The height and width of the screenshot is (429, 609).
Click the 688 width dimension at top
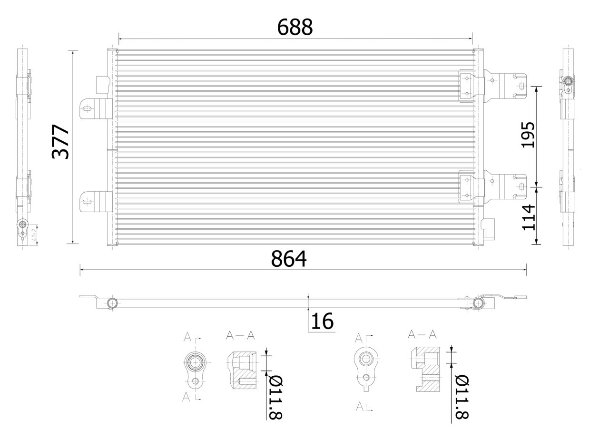coord(295,28)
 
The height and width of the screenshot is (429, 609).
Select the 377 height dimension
coord(61,142)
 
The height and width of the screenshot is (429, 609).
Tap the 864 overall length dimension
coord(289,259)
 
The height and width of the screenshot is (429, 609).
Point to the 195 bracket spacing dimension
coord(528,135)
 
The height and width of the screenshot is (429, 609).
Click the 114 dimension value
coord(529,217)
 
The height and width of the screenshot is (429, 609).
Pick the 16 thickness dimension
coord(322,322)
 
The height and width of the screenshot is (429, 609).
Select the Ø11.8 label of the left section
coord(275,398)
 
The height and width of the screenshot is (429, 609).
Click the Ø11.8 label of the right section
coord(461,398)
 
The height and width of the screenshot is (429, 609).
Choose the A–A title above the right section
coord(422,334)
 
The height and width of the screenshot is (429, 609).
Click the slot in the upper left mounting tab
coord(86,109)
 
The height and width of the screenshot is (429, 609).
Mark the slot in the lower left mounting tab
coord(86,202)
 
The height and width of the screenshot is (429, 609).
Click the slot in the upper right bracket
coord(522,86)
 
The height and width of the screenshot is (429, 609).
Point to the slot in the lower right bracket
coord(522,186)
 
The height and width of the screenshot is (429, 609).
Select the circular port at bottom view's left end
coord(112,303)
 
